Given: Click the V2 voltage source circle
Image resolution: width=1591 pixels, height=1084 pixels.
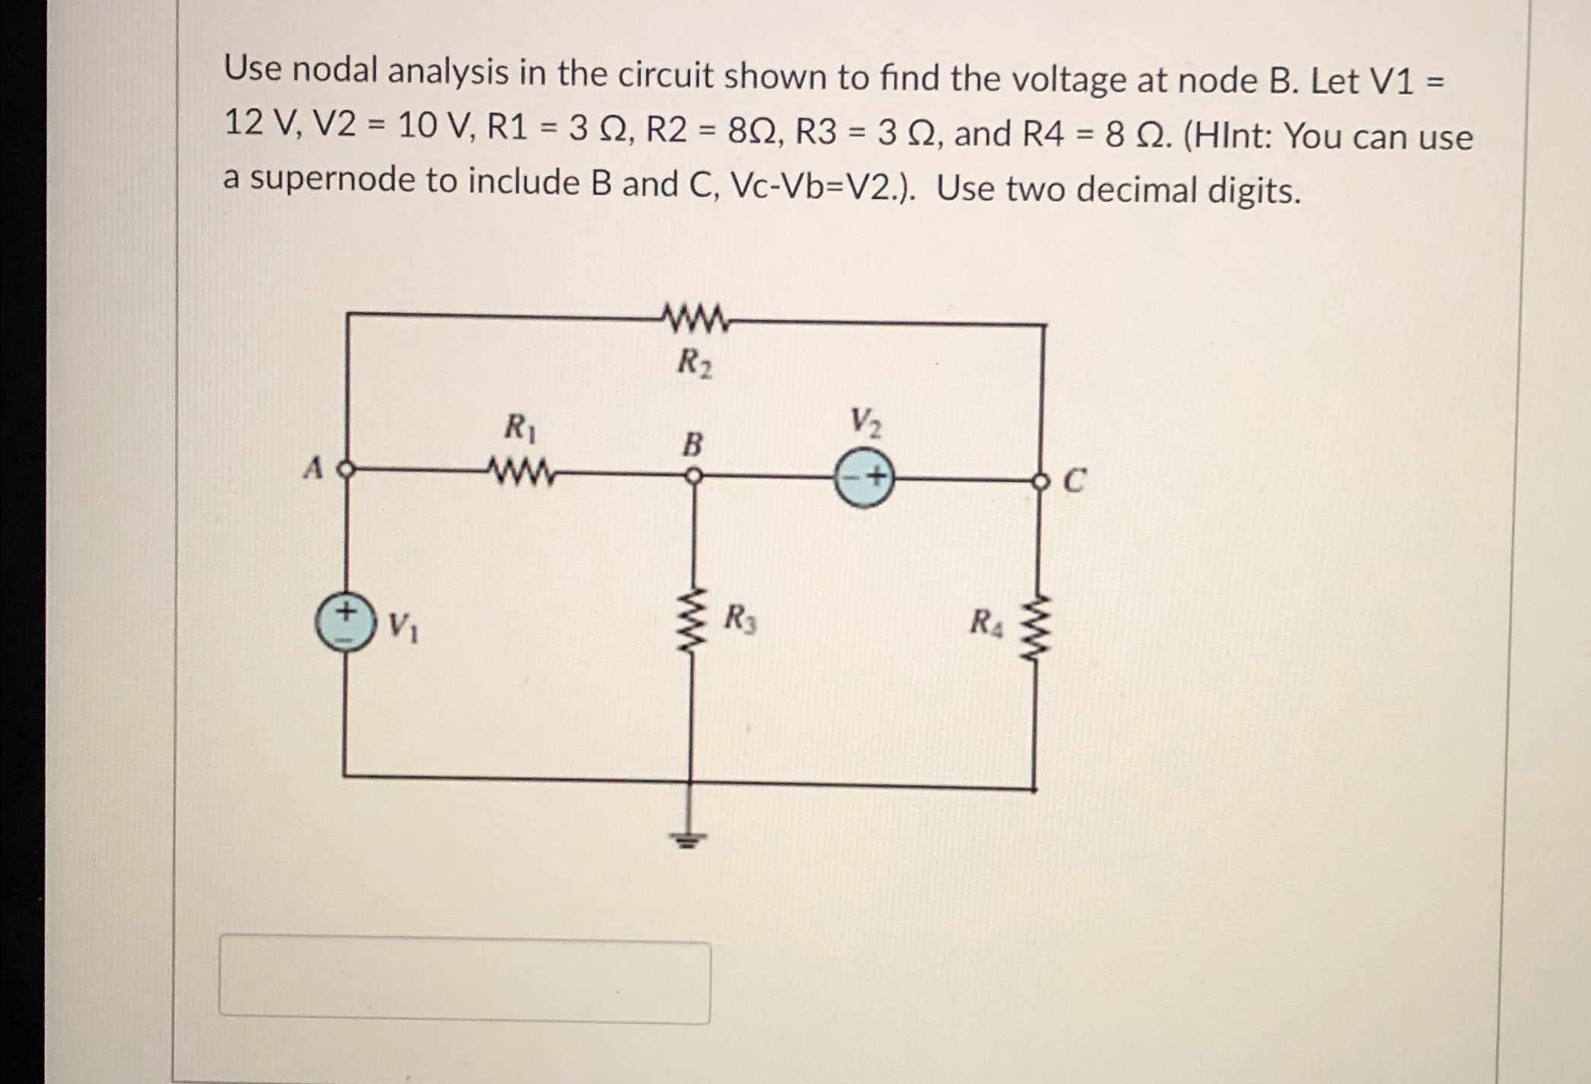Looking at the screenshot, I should [x=864, y=478].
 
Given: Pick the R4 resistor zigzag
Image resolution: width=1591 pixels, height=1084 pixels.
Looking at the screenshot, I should [x=1037, y=629].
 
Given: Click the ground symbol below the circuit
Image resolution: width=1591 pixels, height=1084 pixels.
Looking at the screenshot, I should [x=688, y=838].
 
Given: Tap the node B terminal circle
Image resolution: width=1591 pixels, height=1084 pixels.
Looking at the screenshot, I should [x=692, y=476].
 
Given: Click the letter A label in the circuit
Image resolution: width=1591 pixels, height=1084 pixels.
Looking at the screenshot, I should [x=312, y=468].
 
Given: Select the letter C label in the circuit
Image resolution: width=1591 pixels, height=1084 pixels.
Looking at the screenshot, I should [x=1073, y=481].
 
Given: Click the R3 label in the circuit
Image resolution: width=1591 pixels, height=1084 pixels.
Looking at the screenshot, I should [x=740, y=619].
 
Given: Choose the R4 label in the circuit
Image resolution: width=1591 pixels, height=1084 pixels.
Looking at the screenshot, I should [x=986, y=623].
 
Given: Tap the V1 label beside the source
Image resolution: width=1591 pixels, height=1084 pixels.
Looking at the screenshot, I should [x=402, y=627].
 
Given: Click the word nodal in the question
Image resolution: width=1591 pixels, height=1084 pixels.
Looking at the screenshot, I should [x=335, y=71].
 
